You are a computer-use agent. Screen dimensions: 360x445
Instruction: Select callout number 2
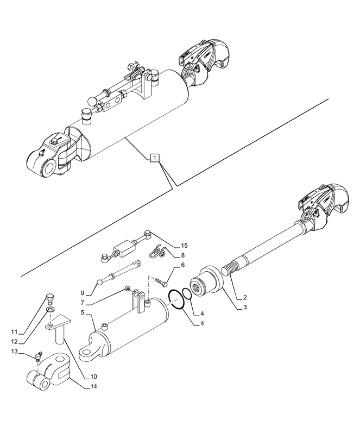(244, 298)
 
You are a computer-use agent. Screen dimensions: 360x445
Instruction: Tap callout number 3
(244, 307)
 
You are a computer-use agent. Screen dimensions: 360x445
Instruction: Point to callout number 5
(83, 312)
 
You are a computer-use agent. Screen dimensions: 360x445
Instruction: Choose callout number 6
(182, 265)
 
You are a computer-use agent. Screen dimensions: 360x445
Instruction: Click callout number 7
(83, 303)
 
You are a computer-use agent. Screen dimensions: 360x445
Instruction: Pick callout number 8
(182, 255)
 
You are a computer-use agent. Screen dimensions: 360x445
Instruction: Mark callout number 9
(83, 293)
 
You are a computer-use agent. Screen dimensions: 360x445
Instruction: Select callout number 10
(93, 377)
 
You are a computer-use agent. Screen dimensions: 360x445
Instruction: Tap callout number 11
(15, 332)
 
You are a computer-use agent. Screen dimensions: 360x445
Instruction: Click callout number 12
(15, 341)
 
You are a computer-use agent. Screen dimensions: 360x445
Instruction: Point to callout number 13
(15, 352)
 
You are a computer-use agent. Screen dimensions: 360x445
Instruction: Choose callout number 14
(93, 386)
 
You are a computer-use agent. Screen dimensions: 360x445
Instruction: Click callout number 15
(185, 246)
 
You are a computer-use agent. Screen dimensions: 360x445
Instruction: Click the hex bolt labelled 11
(51, 299)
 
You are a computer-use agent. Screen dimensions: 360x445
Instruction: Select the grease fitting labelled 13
(38, 355)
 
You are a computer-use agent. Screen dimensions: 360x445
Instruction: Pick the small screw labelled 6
(161, 281)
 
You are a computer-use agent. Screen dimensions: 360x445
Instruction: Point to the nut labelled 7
(128, 289)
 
